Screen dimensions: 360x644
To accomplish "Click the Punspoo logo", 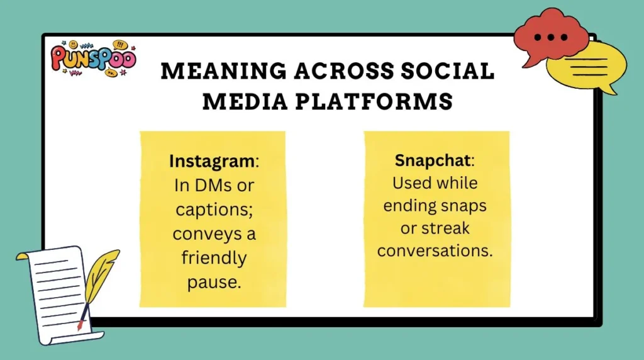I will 92,59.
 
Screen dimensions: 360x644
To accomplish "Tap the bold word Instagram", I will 212,161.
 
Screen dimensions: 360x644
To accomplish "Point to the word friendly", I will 214,257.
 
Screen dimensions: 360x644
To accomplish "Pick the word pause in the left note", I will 213,281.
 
